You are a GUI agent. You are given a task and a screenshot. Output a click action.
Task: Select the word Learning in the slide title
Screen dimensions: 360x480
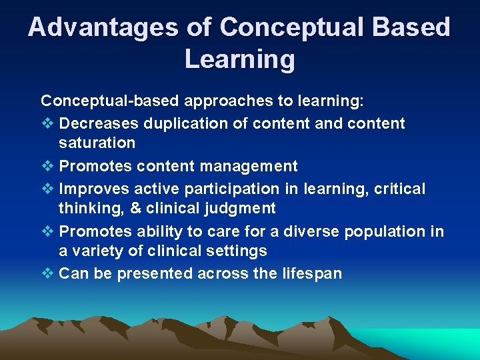click(239, 59)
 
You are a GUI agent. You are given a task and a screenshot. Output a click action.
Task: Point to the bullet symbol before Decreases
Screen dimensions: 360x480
click(47, 123)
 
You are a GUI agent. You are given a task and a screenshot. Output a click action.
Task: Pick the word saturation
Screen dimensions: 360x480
click(97, 143)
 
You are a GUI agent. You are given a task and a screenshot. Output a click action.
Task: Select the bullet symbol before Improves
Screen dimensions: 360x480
click(47, 189)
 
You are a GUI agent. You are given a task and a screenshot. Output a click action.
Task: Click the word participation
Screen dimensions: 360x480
click(243, 189)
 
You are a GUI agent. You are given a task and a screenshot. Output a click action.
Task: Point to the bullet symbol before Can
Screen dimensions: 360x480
click(47, 274)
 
